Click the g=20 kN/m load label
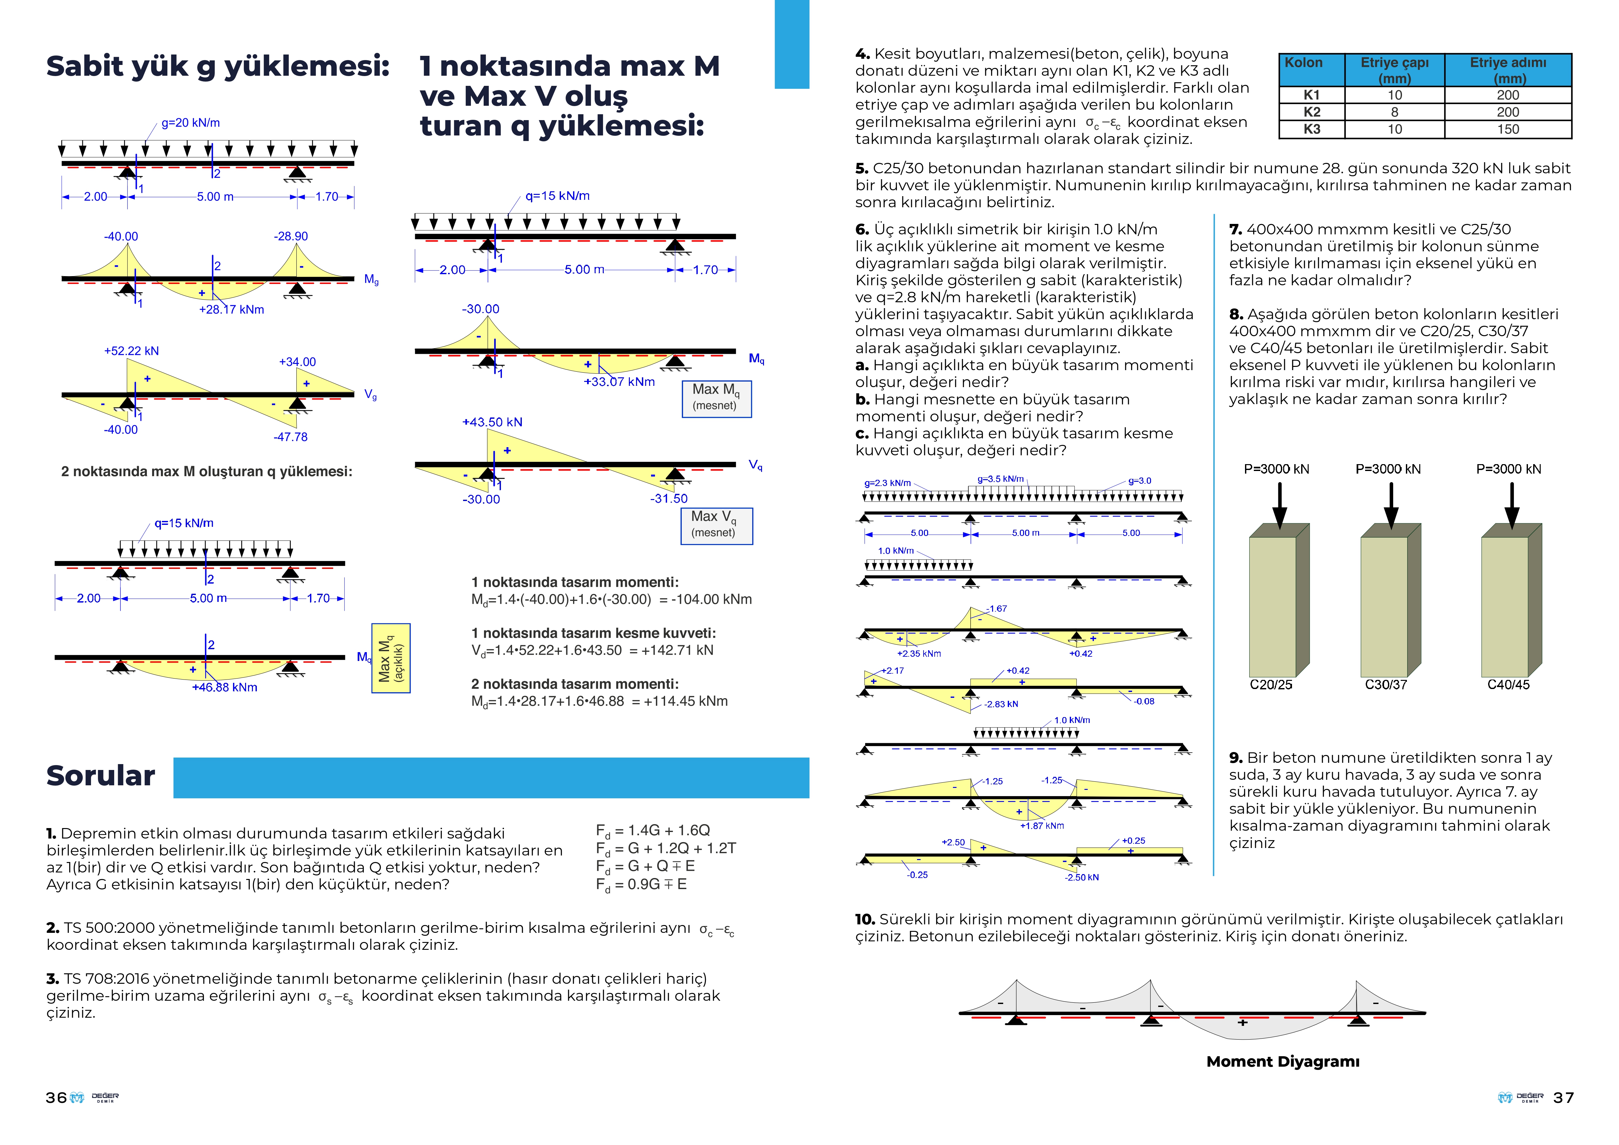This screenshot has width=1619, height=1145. tap(190, 123)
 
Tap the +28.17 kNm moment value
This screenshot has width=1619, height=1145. tap(231, 309)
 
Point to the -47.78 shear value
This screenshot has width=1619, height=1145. tap(290, 437)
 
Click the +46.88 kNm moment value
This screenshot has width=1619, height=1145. tap(224, 687)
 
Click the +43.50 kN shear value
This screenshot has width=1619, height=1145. tap(492, 422)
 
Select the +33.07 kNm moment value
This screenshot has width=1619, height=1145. tap(619, 382)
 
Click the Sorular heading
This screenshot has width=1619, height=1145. tap(101, 776)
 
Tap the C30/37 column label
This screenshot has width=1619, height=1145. tap(1386, 684)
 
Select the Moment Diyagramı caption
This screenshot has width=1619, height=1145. tap(1283, 1062)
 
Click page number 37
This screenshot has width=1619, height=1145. tap(1563, 1098)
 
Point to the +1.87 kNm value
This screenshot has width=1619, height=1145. tap(1042, 825)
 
